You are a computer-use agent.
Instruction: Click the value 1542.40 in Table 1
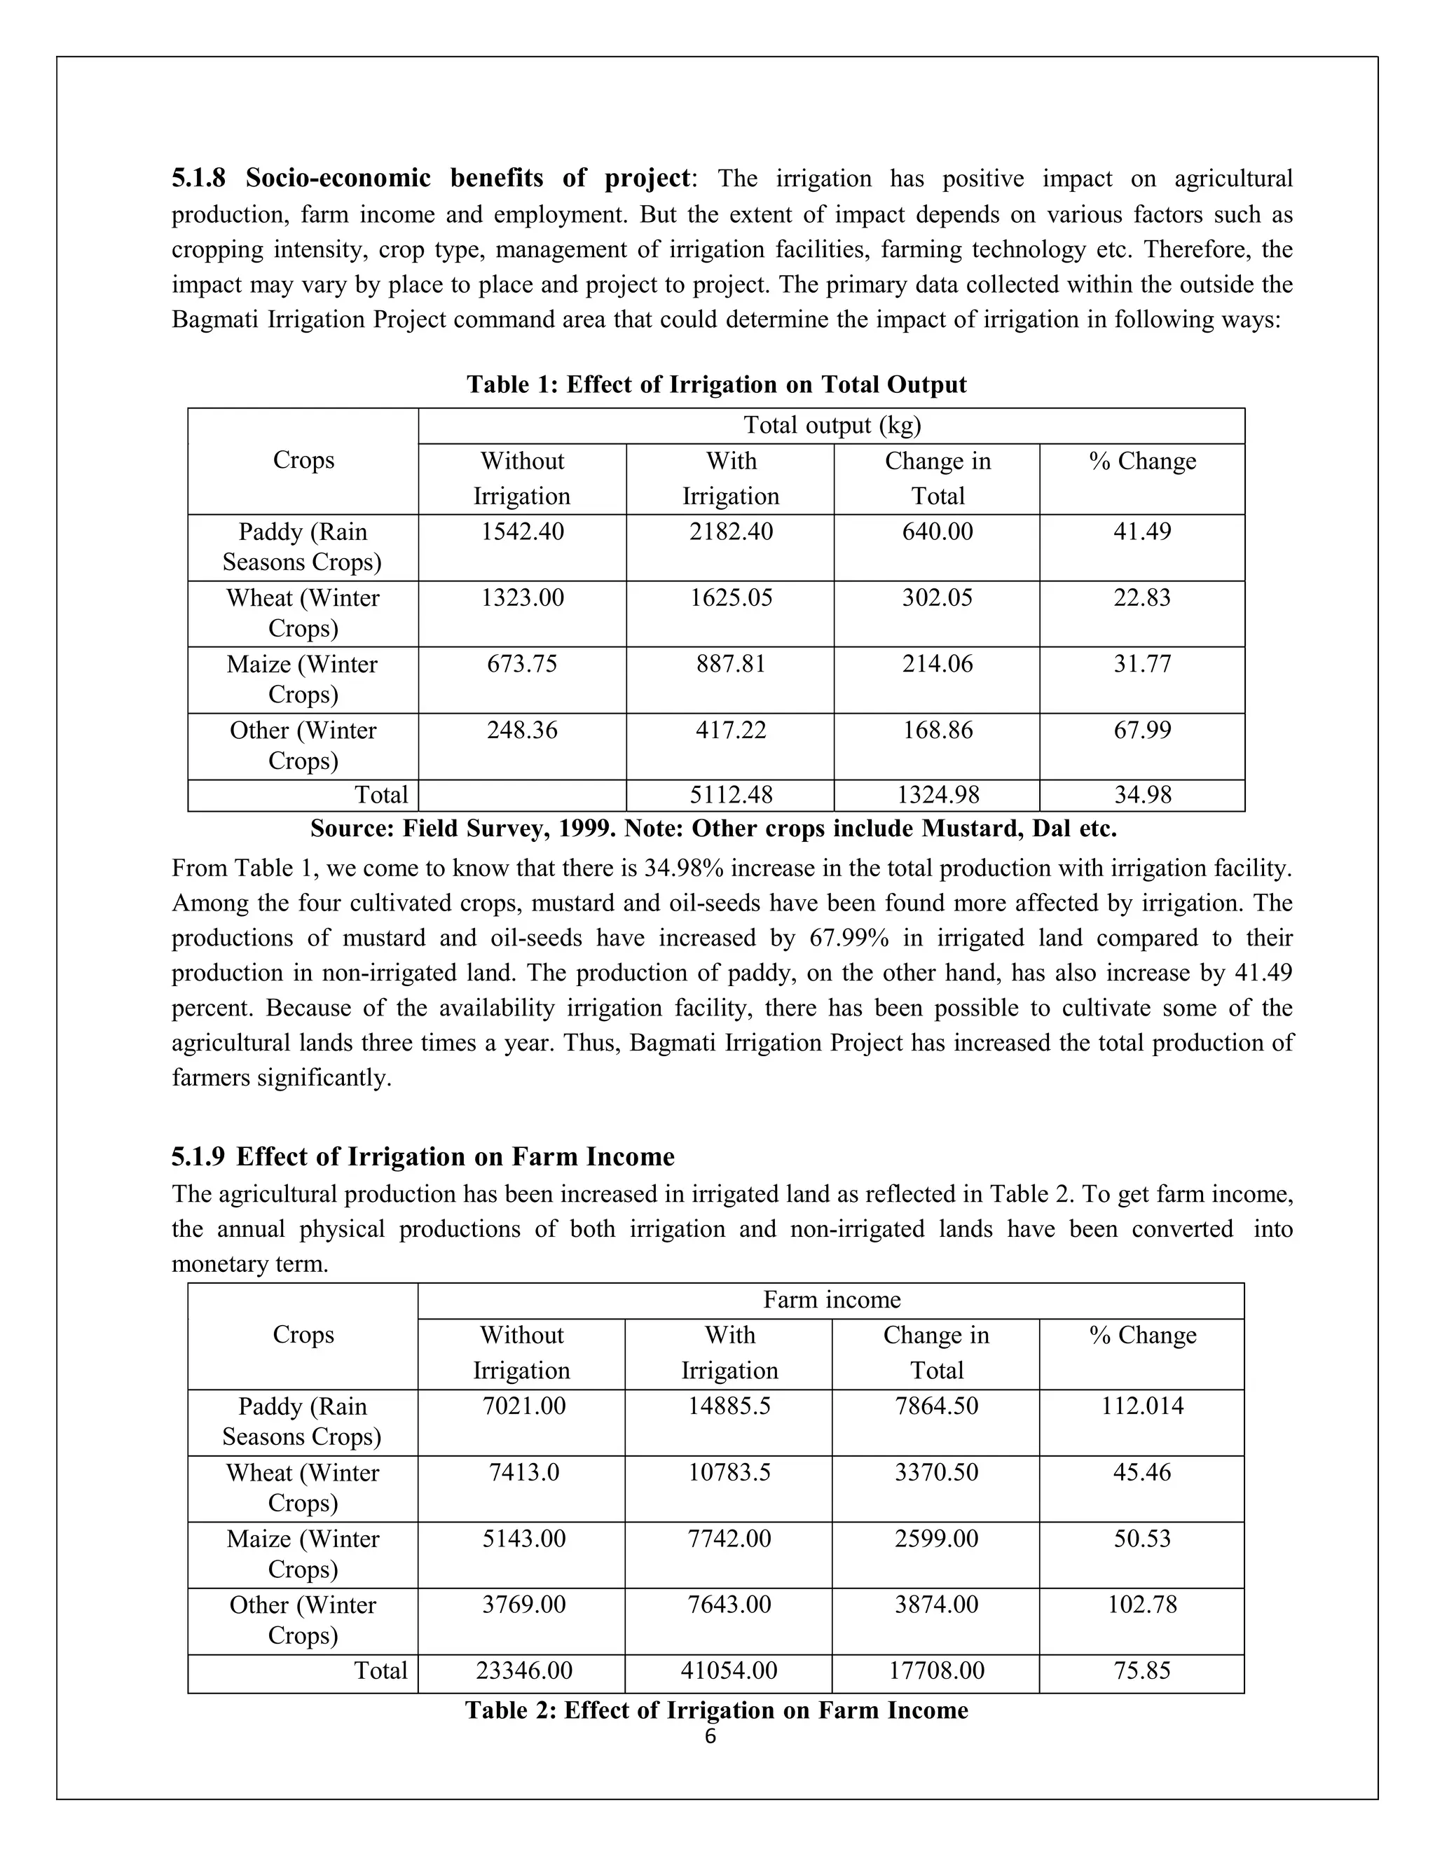522,532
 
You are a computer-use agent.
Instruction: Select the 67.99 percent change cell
1141,730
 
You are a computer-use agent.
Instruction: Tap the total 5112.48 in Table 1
730,795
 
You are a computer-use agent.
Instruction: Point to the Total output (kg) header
832,425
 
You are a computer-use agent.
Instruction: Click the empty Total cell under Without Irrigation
522,796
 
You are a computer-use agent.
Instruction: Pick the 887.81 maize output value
730,664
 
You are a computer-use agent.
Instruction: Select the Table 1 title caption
716,385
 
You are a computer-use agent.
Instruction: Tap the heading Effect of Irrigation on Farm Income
455,1156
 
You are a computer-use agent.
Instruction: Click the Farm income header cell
832,1299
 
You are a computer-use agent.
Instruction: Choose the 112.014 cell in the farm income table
1141,1406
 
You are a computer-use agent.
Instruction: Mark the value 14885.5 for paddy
729,1406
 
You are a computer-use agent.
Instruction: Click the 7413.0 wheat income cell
523,1472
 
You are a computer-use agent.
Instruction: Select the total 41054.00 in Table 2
729,1670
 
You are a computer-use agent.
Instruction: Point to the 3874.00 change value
936,1605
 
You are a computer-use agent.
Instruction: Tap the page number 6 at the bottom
710,1736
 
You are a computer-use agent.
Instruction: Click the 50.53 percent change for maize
1141,1538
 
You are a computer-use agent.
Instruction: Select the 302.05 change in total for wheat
937,597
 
